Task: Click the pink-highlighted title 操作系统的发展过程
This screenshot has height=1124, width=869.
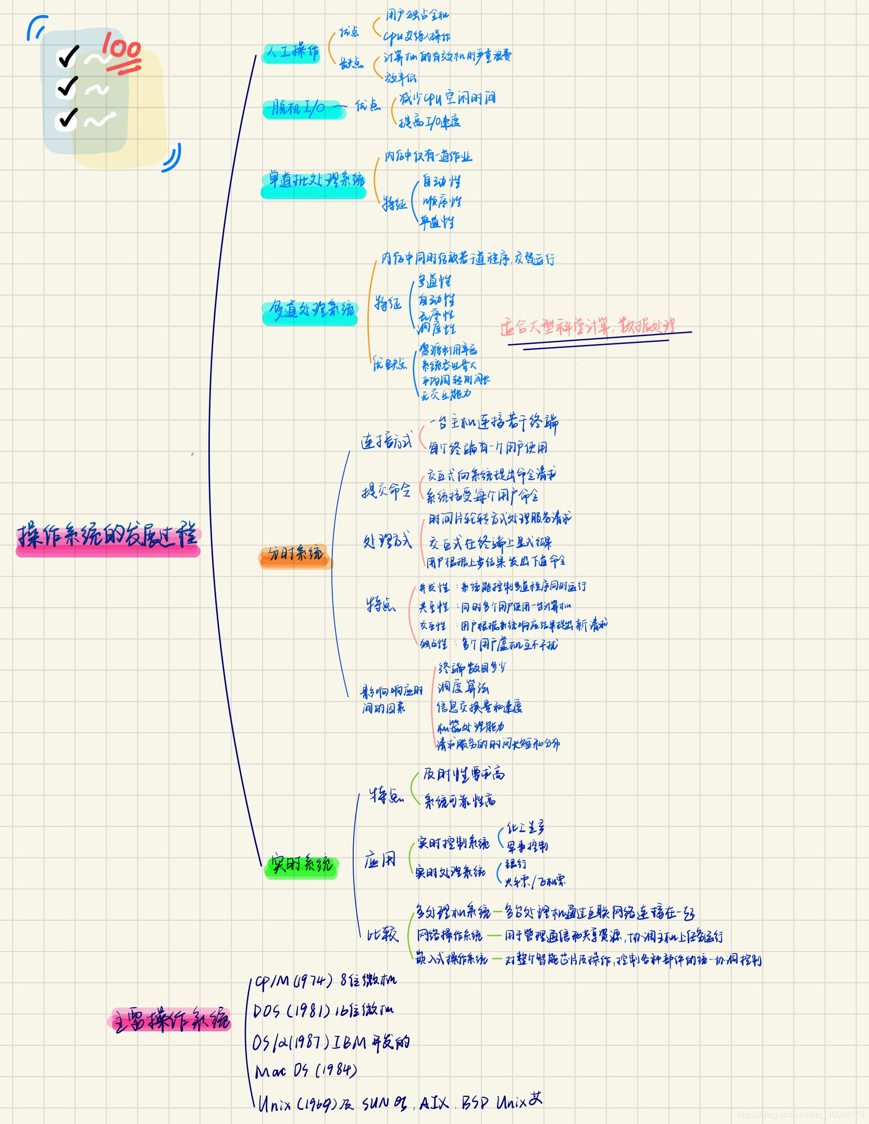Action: (x=108, y=536)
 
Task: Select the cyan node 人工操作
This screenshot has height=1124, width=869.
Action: (x=292, y=52)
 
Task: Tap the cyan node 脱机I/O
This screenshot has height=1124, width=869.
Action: (x=300, y=108)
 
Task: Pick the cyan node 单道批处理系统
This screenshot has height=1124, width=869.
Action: (x=314, y=181)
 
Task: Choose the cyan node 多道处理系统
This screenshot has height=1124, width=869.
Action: (x=311, y=310)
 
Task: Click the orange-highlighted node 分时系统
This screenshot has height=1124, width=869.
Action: (x=295, y=554)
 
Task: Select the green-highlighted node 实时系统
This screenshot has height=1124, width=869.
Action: (x=302, y=864)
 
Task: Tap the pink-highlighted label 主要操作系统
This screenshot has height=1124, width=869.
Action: (x=171, y=1019)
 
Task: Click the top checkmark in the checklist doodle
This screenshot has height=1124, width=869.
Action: (x=68, y=56)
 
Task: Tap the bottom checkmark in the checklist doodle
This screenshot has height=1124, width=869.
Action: (x=67, y=118)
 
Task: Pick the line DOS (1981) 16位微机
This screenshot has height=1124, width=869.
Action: (x=323, y=1011)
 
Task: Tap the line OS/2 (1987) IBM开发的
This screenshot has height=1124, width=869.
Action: (x=331, y=1042)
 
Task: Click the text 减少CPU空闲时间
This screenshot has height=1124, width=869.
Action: (x=447, y=98)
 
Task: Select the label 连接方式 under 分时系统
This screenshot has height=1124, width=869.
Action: (x=386, y=441)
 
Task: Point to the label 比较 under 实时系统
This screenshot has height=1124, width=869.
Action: (x=382, y=934)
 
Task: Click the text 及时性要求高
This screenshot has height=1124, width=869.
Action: (x=463, y=774)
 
